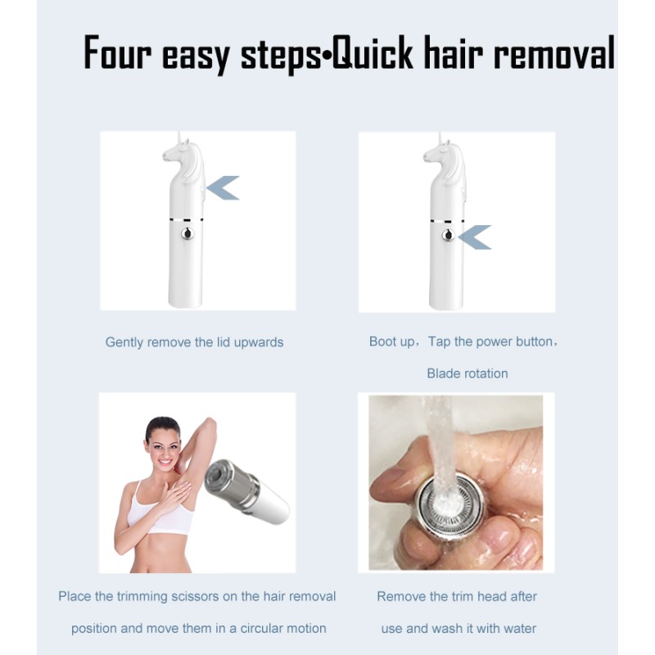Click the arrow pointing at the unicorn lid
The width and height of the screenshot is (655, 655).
coord(223,187)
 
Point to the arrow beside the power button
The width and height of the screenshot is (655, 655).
coord(475,237)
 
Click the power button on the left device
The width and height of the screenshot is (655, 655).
coord(187,235)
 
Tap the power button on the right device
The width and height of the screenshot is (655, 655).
coord(448,236)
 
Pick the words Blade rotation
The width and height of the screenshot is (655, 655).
coord(467,373)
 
